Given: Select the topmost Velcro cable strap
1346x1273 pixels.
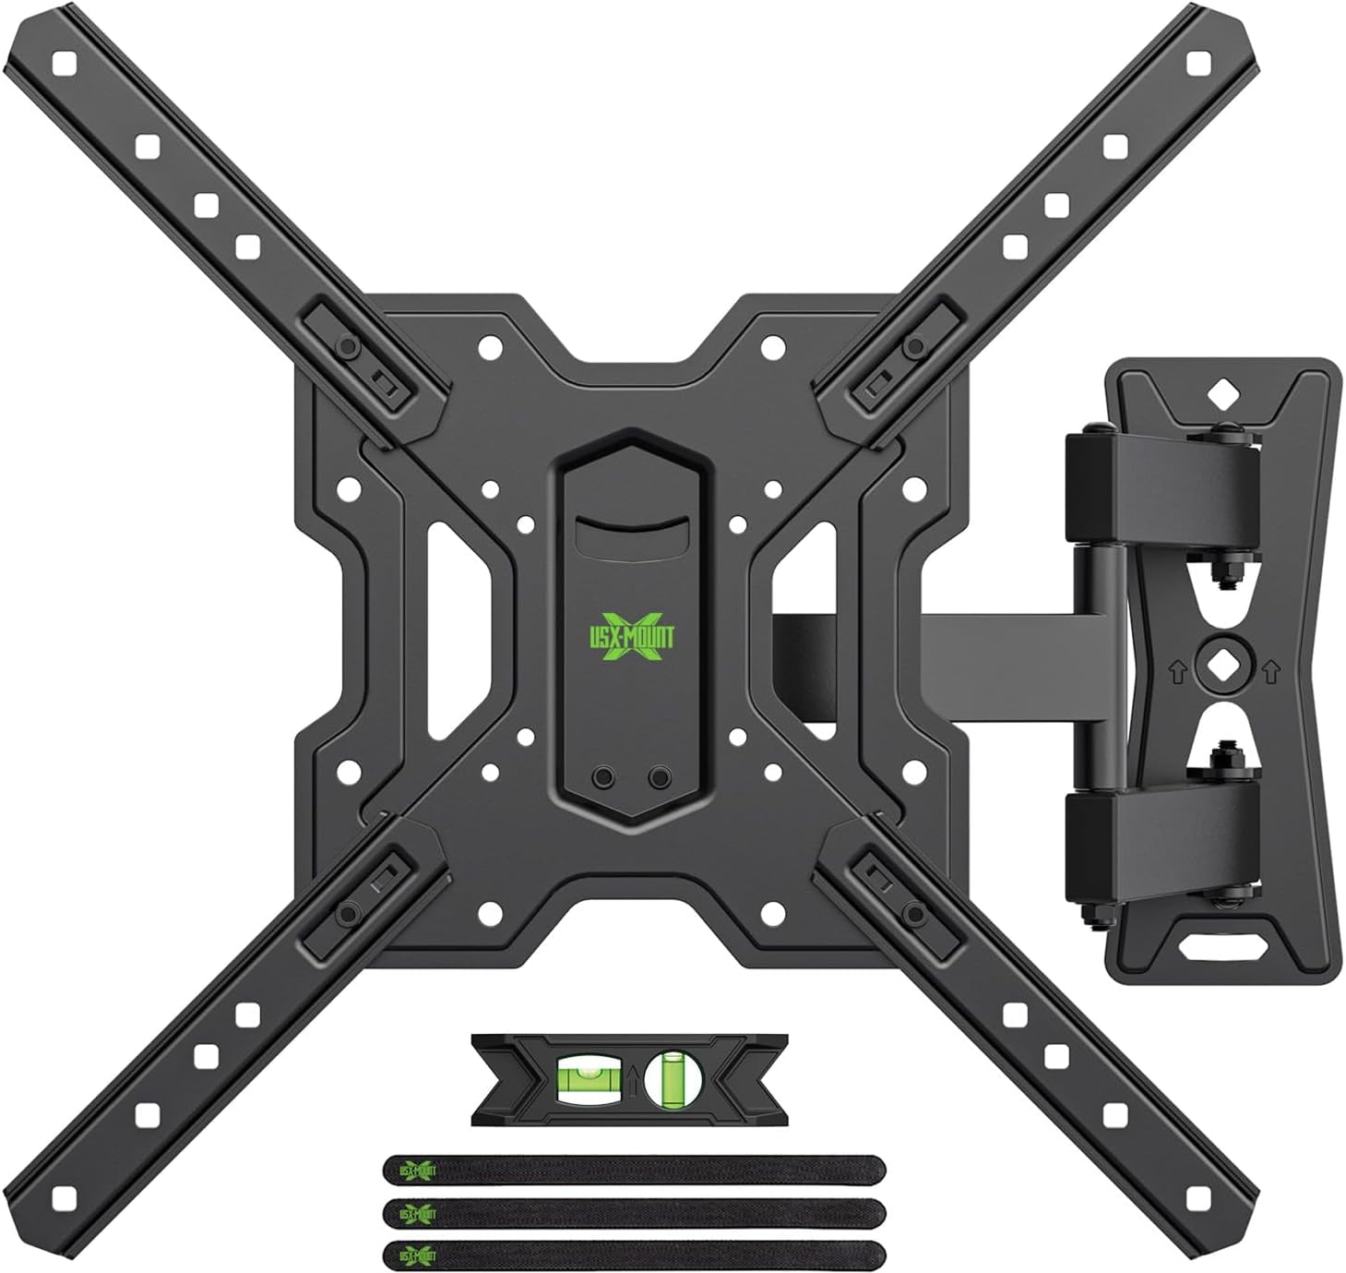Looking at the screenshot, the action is point(635,1171).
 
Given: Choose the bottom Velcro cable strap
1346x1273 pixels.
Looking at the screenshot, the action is point(635,1253).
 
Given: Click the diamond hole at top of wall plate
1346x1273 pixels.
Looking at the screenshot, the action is point(1221,395).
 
